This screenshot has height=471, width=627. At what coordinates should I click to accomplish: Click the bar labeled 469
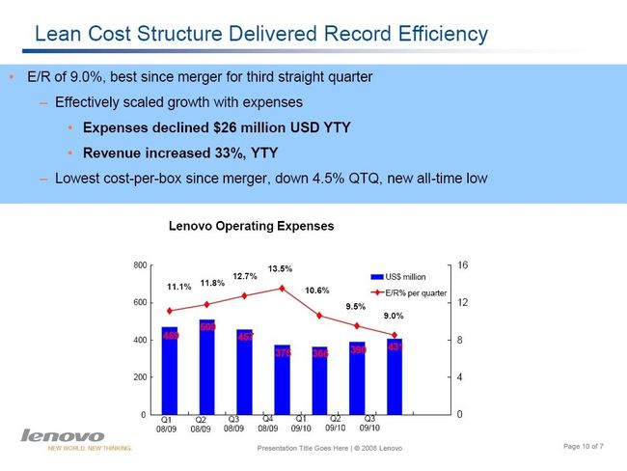(170, 372)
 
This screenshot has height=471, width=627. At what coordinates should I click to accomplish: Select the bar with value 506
(207, 367)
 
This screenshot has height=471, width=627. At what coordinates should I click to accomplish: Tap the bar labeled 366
(320, 380)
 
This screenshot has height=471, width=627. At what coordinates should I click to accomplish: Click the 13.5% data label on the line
(281, 268)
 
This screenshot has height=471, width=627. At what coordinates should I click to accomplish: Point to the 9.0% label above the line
(394, 316)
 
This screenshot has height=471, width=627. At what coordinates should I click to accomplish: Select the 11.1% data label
(178, 287)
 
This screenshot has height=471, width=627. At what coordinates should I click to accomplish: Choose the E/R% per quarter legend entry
(416, 291)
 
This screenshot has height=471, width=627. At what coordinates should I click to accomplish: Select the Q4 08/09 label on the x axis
(268, 424)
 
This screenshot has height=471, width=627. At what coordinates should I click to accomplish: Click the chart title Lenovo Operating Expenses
(251, 226)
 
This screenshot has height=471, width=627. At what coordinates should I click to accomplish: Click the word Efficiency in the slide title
(433, 35)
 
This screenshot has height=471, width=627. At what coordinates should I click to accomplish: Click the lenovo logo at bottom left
(63, 435)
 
